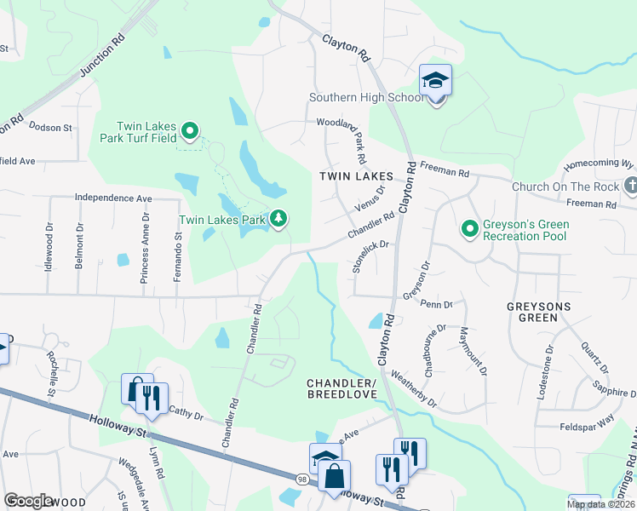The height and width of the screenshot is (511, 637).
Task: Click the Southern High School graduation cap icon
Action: click(x=435, y=82)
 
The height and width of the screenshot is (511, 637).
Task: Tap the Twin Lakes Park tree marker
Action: click(x=278, y=220)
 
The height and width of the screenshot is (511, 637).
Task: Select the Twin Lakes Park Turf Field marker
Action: click(x=191, y=131)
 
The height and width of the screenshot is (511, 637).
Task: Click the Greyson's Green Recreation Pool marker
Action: click(x=468, y=228)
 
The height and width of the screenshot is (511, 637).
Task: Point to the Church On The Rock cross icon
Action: click(x=630, y=186)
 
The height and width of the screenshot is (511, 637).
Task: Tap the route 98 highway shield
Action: click(x=303, y=479)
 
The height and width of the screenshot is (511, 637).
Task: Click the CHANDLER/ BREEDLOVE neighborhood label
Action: click(x=341, y=388)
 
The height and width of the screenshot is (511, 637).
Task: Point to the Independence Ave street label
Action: click(x=113, y=198)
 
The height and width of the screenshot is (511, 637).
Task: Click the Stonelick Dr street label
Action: click(x=372, y=255)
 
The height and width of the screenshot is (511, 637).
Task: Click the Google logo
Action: click(x=28, y=500)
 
